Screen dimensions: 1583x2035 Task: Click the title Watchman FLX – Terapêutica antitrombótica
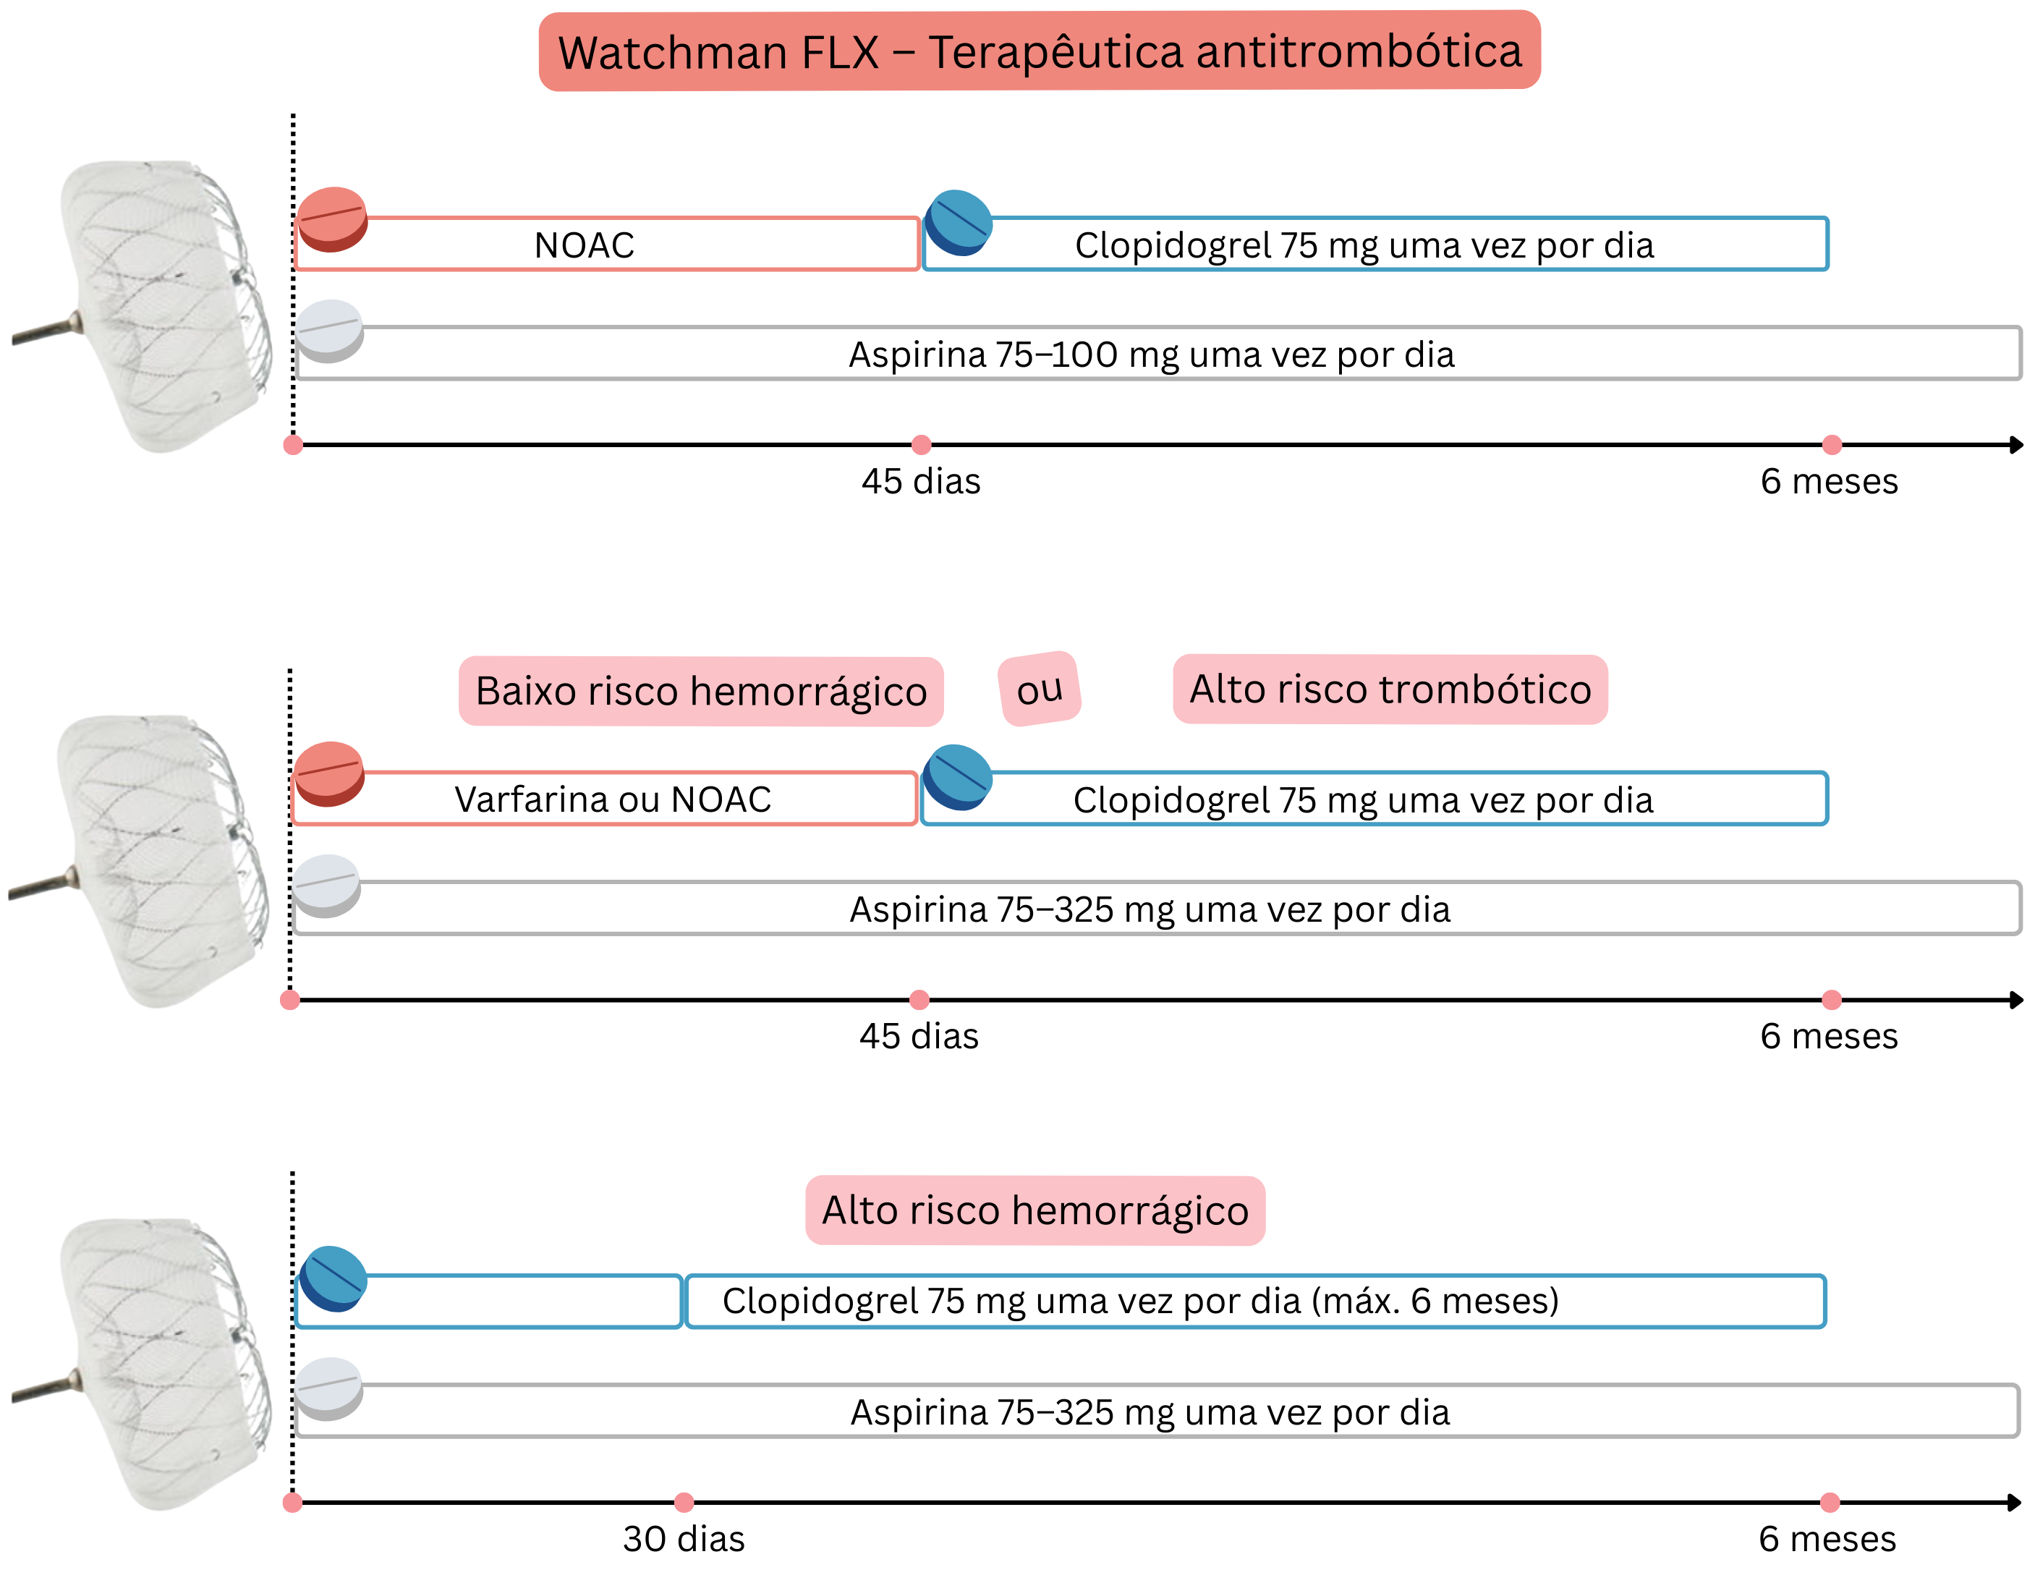(1039, 51)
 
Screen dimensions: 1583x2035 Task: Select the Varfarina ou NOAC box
(612, 799)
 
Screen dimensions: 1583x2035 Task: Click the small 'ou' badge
(1039, 689)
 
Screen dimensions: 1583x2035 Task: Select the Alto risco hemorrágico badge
(1035, 1210)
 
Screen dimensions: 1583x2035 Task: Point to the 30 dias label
(683, 1539)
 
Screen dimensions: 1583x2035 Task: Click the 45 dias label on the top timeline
(921, 482)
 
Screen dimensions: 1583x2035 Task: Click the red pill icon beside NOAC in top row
(332, 219)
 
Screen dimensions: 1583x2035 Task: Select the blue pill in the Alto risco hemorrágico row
(333, 1278)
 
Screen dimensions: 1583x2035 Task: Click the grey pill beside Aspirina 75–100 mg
(329, 331)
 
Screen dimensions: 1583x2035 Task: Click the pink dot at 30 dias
(684, 1502)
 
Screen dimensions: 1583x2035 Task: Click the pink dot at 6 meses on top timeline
(1832, 444)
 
